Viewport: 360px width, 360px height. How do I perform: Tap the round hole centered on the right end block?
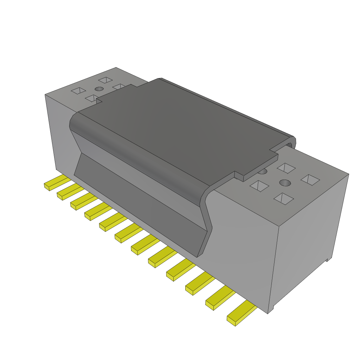tap(285, 183)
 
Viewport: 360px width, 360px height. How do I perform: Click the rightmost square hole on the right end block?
tap(310, 180)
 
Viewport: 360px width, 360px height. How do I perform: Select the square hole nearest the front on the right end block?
tap(283, 199)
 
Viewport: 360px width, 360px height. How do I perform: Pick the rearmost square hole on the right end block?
tap(286, 168)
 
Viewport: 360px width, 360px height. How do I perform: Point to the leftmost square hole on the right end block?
tap(259, 186)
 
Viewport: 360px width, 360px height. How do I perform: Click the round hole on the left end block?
tap(99, 89)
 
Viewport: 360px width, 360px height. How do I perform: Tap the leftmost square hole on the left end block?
tap(78, 91)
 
